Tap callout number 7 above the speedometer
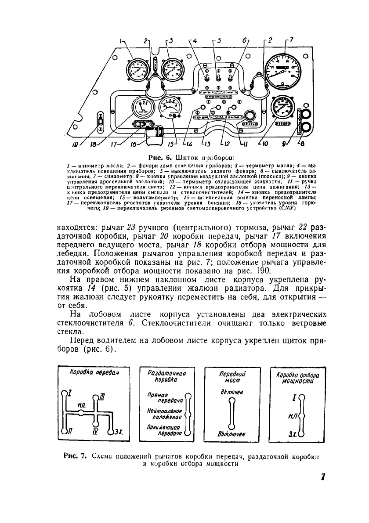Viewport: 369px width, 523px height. coord(292,40)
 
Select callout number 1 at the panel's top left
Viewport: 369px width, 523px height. coord(120,40)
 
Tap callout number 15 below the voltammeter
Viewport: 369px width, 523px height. coord(171,143)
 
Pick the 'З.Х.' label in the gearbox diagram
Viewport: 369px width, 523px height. coord(119,432)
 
